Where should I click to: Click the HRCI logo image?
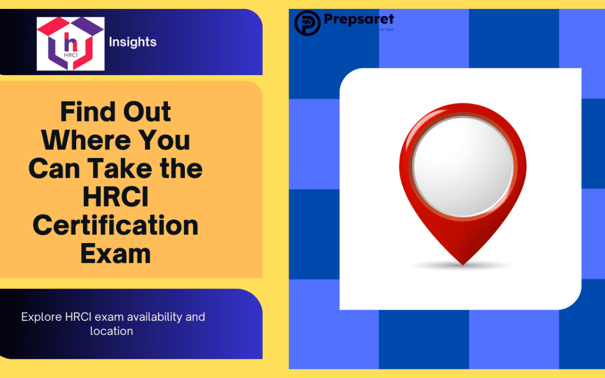(70, 44)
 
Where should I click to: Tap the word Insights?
(133, 42)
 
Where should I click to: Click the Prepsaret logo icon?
(307, 23)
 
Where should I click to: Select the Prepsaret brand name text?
(359, 20)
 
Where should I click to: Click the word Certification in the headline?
(115, 226)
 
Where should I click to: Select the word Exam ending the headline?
(115, 254)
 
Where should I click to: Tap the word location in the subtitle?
(111, 331)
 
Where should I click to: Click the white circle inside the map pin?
(463, 167)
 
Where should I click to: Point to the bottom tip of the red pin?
(463, 263)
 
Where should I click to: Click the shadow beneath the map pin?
(463, 268)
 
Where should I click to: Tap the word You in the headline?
(165, 140)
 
